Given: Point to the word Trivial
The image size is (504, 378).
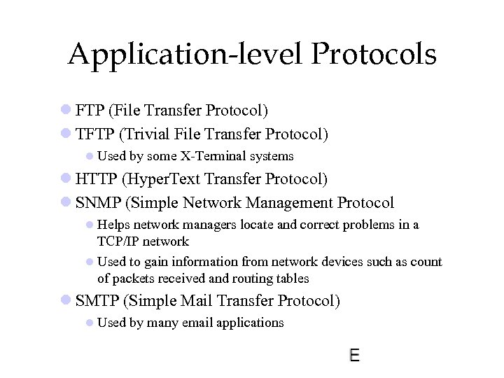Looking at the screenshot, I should pyautogui.click(x=147, y=133).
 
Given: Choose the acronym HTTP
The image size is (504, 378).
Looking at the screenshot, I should pyautogui.click(x=97, y=179).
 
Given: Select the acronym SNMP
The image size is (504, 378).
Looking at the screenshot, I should pyautogui.click(x=97, y=202).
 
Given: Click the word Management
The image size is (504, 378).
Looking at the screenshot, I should pyautogui.click(x=284, y=202).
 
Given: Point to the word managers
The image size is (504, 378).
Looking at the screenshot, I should pyautogui.click(x=216, y=225).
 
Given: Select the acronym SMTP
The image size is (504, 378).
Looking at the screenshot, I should pyautogui.click(x=97, y=300).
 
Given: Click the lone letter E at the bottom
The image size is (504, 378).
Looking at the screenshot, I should pyautogui.click(x=354, y=355).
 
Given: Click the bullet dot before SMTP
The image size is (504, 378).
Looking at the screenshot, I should pyautogui.click(x=65, y=300).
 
